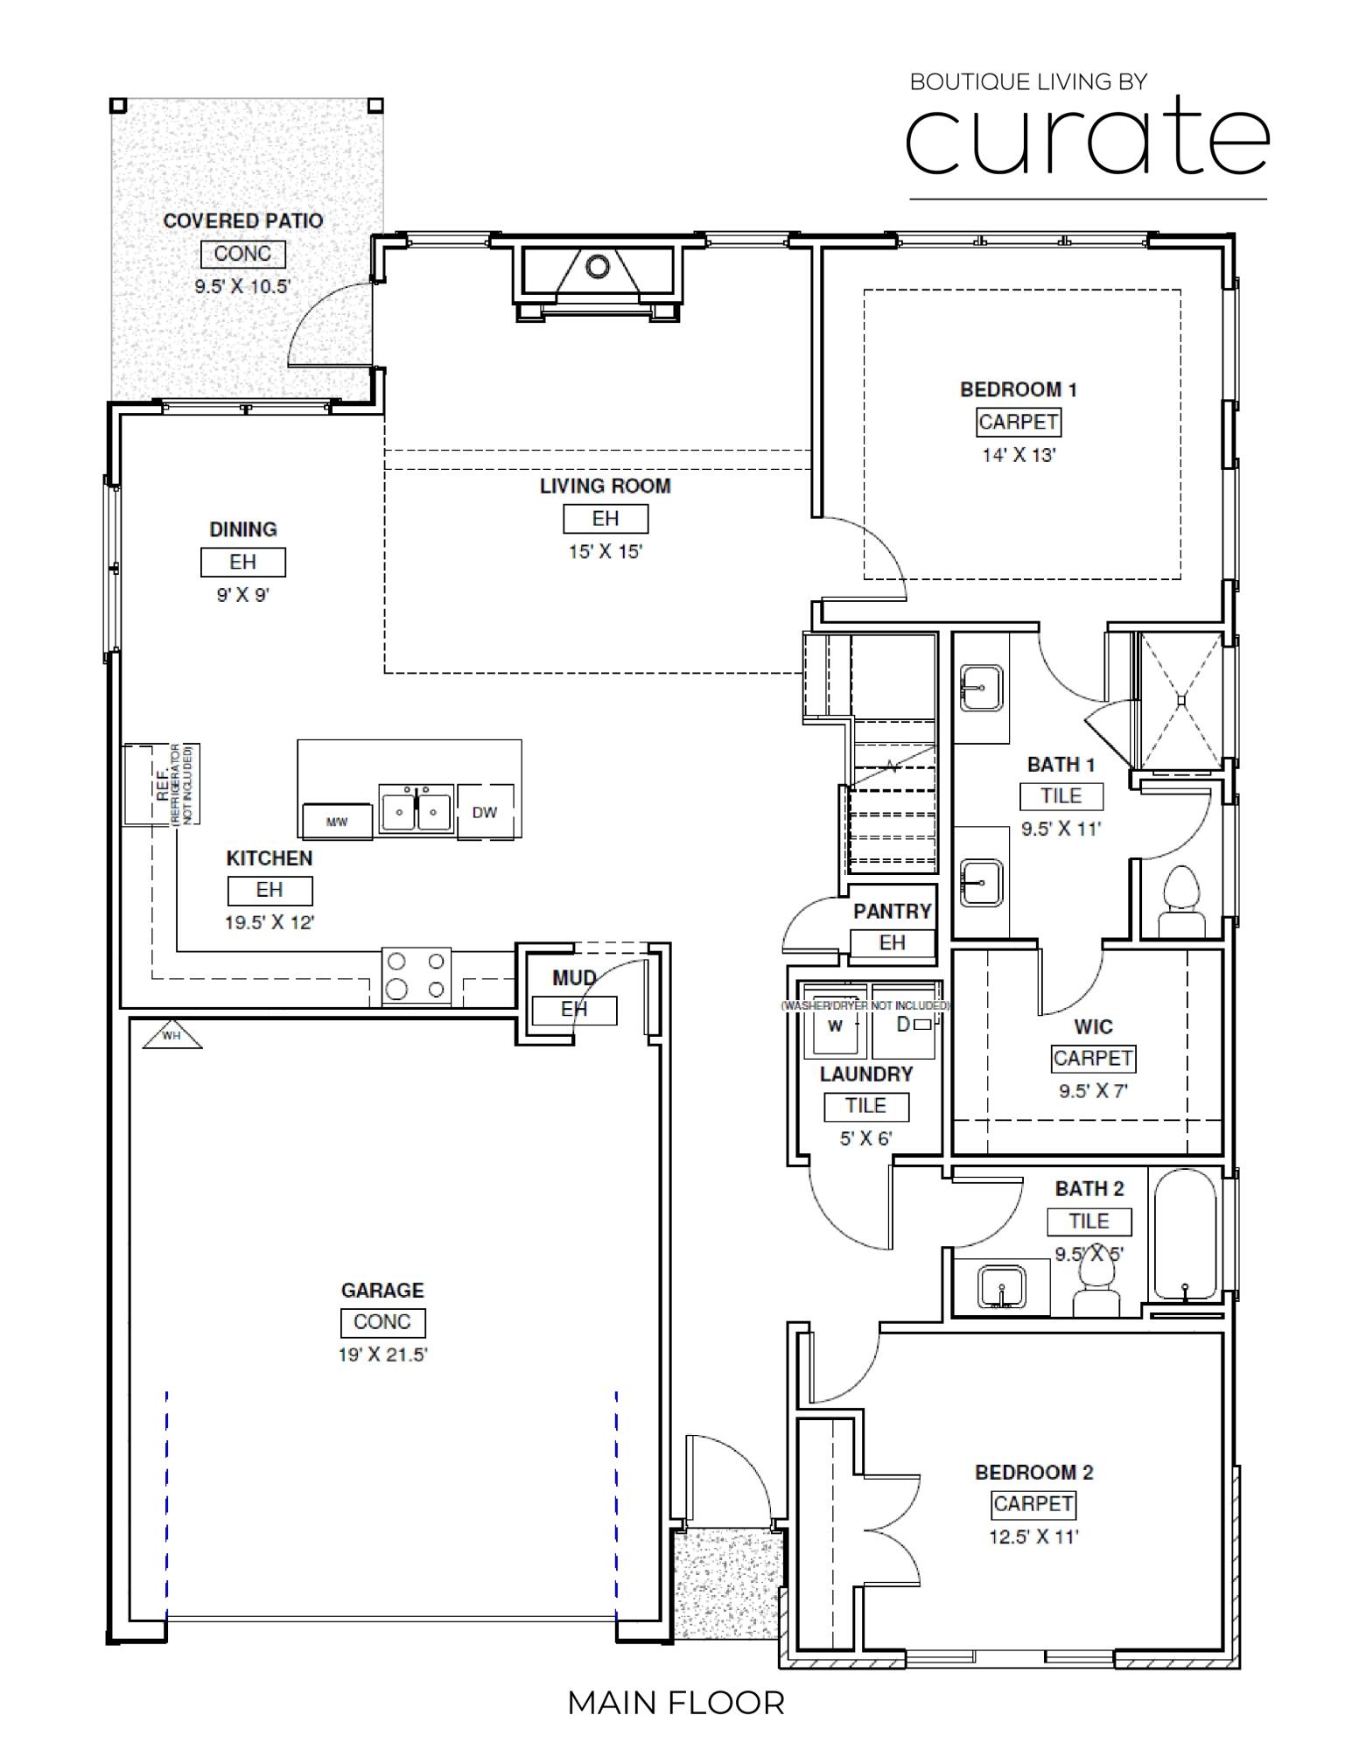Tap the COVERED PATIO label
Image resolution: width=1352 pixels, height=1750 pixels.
coord(242,221)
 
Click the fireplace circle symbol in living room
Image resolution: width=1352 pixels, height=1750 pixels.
coord(598,266)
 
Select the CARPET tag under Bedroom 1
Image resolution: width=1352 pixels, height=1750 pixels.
coord(1019,422)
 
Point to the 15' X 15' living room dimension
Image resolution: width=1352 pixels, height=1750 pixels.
coord(605,551)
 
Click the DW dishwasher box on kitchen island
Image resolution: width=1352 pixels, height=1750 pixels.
coord(485,812)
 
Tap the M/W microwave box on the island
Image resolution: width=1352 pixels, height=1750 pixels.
coord(337,821)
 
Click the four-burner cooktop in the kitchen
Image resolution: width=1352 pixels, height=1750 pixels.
coord(416,976)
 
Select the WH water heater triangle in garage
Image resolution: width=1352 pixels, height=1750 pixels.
coord(172,1035)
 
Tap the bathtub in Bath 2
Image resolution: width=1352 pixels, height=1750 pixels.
coord(1184,1236)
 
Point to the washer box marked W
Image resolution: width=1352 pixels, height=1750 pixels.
coord(835,1025)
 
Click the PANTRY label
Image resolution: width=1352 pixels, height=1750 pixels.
coord(892,911)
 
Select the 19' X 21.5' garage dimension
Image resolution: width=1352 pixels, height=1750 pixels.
coord(382,1354)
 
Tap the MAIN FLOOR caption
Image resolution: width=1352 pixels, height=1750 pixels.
coord(676,1703)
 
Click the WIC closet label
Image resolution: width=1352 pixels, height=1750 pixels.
coord(1092,1026)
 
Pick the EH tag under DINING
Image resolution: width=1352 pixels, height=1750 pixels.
coord(242,562)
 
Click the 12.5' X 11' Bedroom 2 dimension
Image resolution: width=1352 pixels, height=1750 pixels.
coord(1033,1536)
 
